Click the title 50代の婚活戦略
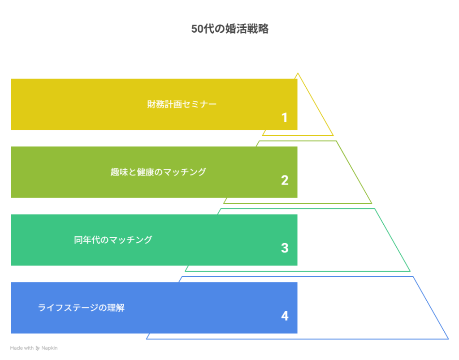coord(230,29)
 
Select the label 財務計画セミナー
coord(182,104)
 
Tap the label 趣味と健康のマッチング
coord(158,172)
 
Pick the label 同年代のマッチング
coord(113,240)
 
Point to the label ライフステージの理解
coord(81,308)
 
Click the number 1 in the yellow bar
coord(284,118)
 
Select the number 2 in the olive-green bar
coord(285,180)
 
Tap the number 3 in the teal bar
coord(285,248)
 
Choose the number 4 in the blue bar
coord(285,316)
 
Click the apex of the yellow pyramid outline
coord(298,73)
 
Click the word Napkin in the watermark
coord(49,348)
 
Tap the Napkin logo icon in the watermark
coord(38,348)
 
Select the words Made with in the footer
coord(22,348)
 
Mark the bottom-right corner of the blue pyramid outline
coord(448,339)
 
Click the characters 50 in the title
coord(197,29)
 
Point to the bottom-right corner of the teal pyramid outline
coord(410,271)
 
